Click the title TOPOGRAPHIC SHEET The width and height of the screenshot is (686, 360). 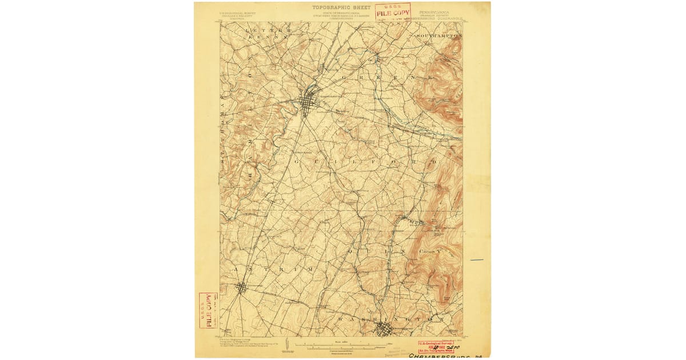pyautogui.click(x=342, y=7)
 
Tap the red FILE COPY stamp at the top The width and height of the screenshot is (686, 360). pyautogui.click(x=393, y=11)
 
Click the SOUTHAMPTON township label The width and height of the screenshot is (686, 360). pyautogui.click(x=438, y=36)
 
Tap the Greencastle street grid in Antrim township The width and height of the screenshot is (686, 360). pyautogui.click(x=242, y=287)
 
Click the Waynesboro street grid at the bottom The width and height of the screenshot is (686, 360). pyautogui.click(x=384, y=329)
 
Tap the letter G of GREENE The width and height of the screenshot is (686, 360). pyautogui.click(x=343, y=77)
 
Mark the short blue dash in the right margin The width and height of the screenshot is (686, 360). pyautogui.click(x=477, y=261)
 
